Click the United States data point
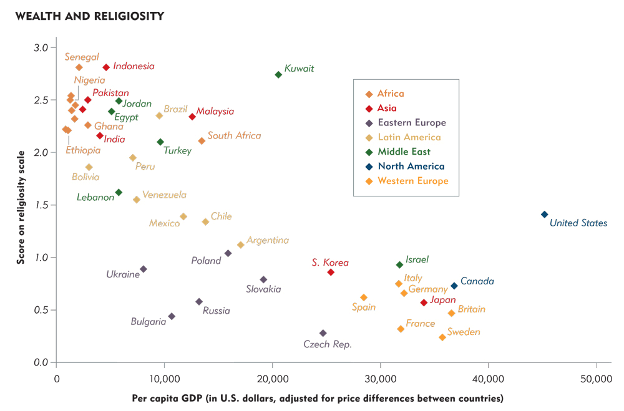(544, 215)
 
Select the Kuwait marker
(278, 75)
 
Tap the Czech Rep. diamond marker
(323, 333)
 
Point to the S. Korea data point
(331, 273)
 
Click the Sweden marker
(442, 337)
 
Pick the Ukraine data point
(144, 269)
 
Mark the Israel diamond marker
(399, 265)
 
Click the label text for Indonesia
(134, 66)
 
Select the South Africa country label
(234, 135)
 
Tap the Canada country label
(477, 281)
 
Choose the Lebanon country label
(95, 197)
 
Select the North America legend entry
(411, 167)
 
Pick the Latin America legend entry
(409, 137)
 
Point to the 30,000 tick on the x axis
(380, 378)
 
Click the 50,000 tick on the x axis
(596, 378)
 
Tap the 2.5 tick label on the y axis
(39, 100)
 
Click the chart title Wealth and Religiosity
(90, 16)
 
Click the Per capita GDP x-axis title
(318, 398)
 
